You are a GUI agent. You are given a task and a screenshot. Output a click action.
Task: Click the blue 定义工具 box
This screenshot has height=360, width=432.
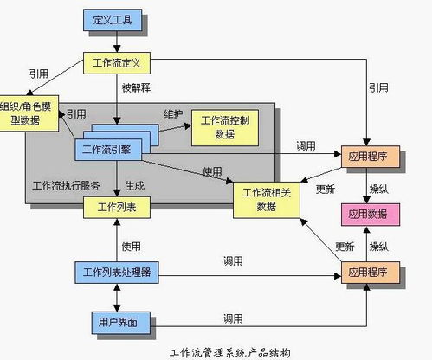(113, 20)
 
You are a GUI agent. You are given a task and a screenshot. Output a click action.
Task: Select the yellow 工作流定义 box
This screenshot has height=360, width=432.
(117, 63)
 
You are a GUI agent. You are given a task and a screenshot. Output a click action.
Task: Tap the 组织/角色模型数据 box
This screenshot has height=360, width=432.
(29, 113)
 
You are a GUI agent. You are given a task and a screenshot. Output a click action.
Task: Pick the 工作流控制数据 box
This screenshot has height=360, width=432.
(225, 127)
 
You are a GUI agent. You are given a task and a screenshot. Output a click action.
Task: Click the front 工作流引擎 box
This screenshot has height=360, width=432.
(108, 150)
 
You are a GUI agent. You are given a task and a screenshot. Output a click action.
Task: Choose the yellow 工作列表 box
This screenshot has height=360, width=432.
(117, 208)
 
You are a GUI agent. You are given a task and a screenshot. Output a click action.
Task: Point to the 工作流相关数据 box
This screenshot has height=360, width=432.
(267, 200)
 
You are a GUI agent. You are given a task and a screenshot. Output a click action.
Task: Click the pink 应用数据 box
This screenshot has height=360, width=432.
(371, 215)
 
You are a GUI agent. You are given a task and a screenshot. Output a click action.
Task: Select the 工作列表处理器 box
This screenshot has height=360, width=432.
(117, 273)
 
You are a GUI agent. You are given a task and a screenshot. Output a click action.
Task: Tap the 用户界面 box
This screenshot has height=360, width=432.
(121, 323)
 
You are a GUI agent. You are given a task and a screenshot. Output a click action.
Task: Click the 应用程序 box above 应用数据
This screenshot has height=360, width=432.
(371, 157)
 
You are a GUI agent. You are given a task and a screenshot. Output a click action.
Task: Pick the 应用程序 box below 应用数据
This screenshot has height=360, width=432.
(371, 273)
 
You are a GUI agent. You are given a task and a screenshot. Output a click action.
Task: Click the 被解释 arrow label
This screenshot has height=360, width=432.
(136, 87)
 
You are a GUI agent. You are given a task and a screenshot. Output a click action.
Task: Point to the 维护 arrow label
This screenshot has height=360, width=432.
(173, 114)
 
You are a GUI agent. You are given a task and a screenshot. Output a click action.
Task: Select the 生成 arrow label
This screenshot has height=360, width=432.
(135, 186)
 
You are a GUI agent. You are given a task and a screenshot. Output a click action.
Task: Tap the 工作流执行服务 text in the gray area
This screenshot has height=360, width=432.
(67, 186)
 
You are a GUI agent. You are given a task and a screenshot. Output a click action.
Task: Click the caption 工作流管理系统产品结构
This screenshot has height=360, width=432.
(229, 353)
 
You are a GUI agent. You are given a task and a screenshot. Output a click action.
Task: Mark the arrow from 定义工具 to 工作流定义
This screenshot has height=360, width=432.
(117, 42)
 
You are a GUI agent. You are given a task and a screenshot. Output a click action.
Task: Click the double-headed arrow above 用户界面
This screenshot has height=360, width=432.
(117, 298)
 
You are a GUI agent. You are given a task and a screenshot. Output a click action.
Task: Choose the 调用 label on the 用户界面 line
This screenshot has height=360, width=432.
(233, 318)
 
